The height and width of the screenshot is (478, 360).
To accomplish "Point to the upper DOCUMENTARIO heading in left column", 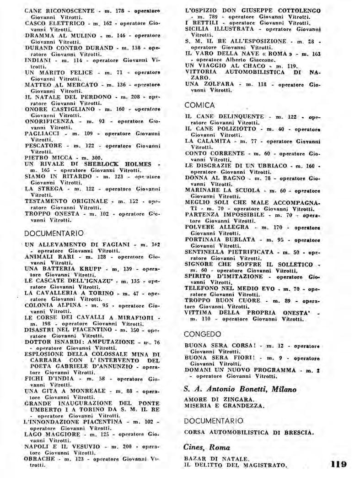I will tap(54, 233).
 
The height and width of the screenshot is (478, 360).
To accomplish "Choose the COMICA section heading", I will tap(199, 105).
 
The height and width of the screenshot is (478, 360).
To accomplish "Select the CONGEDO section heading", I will tap(203, 334).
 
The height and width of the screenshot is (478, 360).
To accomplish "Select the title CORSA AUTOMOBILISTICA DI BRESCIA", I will tap(248, 432).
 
